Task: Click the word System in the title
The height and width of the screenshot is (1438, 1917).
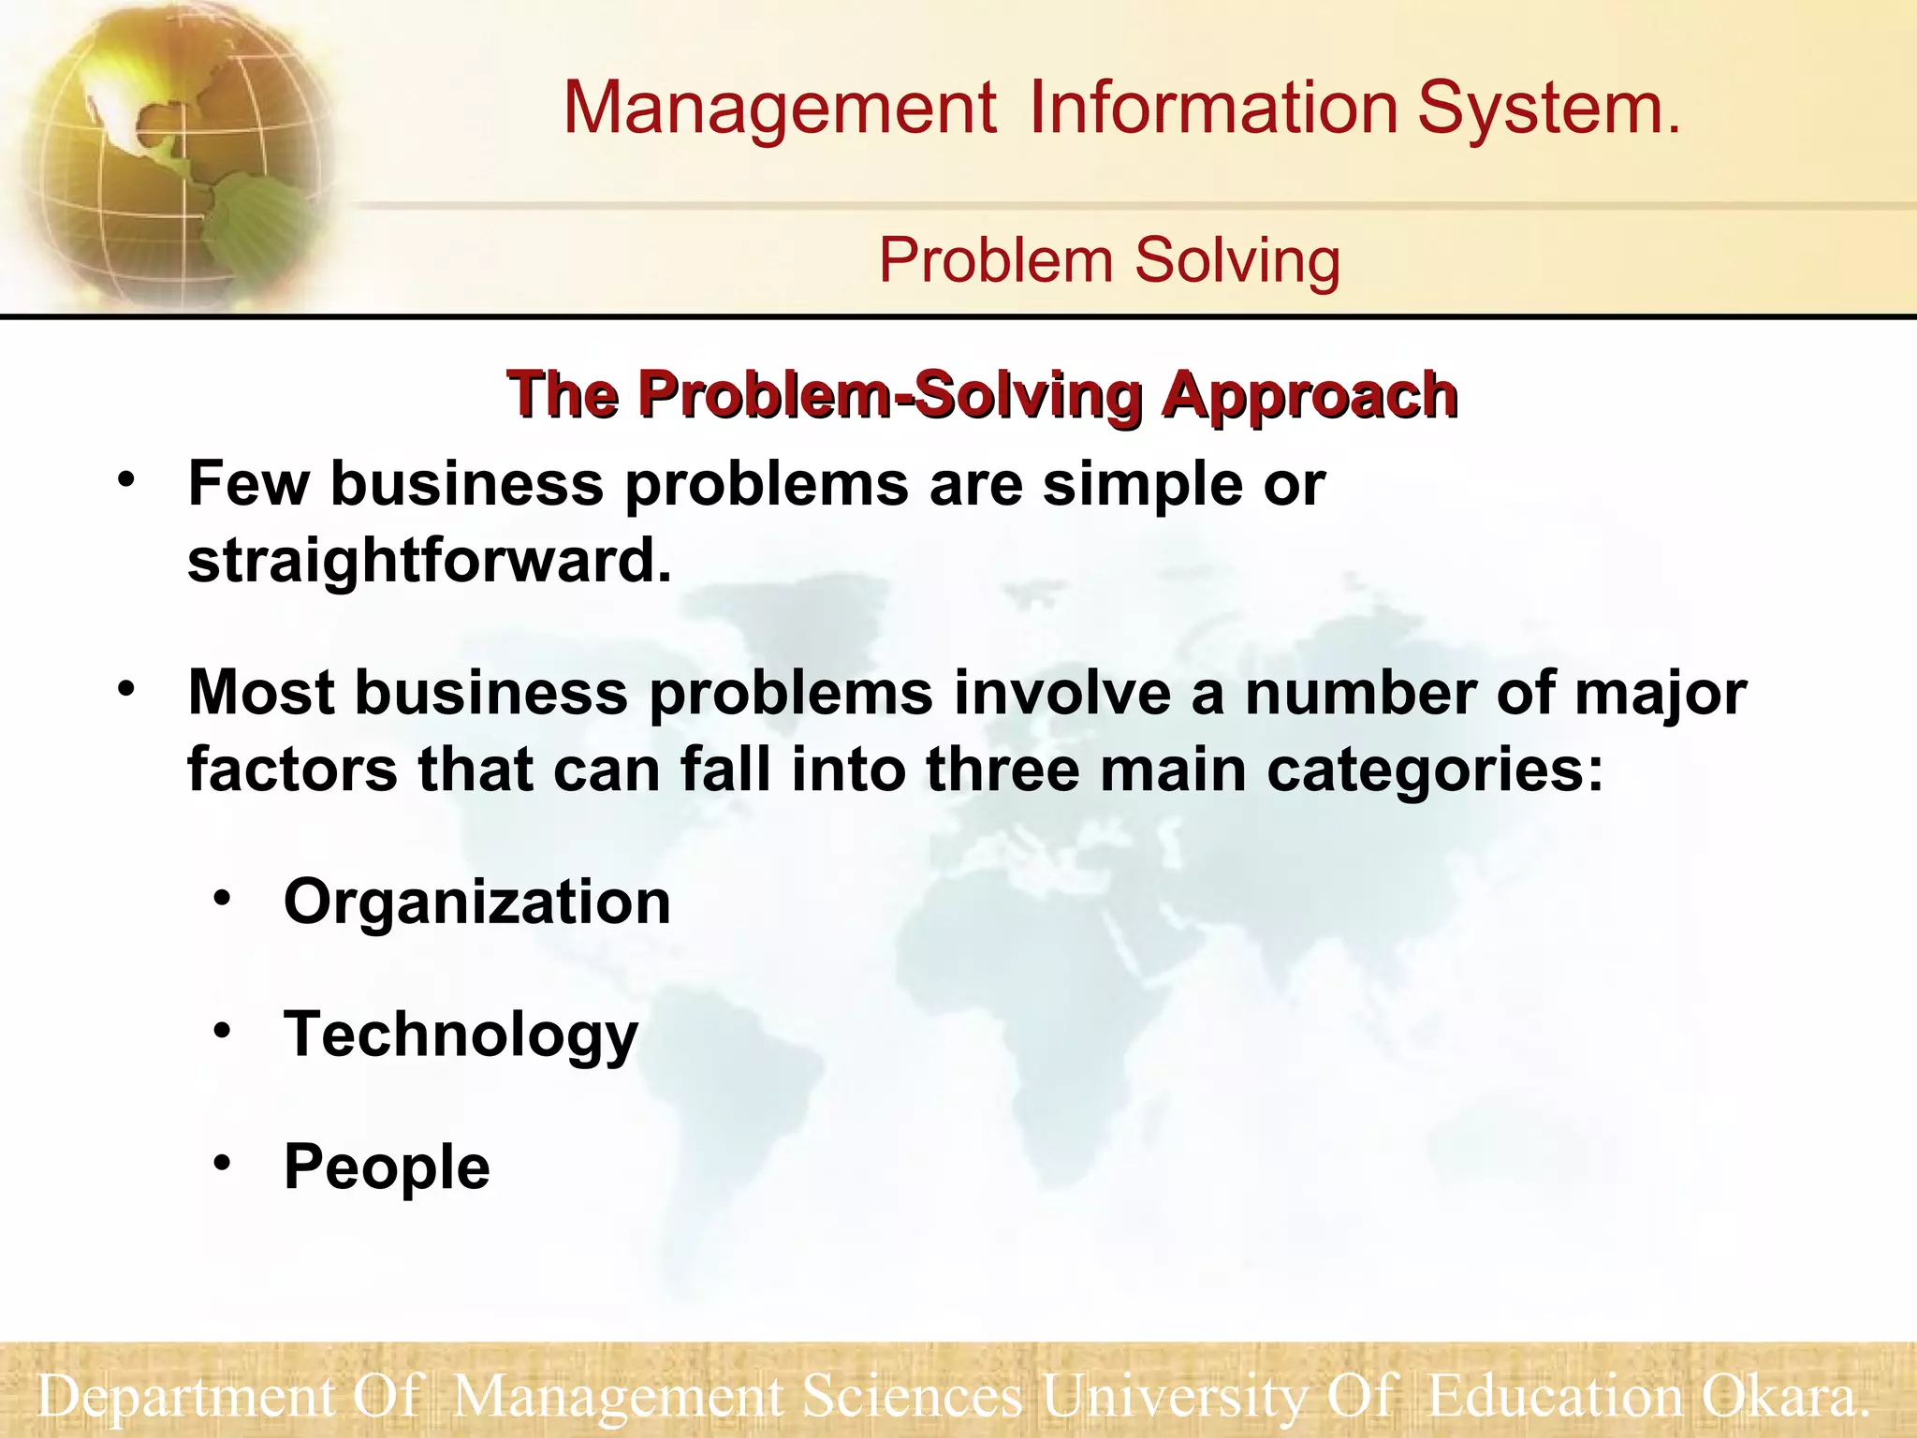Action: click(1548, 108)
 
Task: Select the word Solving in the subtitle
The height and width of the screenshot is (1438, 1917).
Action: click(1237, 260)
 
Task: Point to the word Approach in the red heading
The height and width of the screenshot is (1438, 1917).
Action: click(1310, 395)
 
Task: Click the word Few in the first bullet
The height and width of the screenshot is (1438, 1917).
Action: click(248, 484)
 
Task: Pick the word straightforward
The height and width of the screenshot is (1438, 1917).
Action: click(430, 561)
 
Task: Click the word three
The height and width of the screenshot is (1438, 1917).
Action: click(1002, 770)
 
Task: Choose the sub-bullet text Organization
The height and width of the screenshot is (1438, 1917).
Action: click(477, 902)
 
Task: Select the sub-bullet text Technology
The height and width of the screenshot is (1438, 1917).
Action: click(461, 1036)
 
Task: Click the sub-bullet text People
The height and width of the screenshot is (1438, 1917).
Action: click(387, 1167)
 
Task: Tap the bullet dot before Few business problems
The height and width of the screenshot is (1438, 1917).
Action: click(126, 481)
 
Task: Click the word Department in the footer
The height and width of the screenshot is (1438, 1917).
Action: click(184, 1397)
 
